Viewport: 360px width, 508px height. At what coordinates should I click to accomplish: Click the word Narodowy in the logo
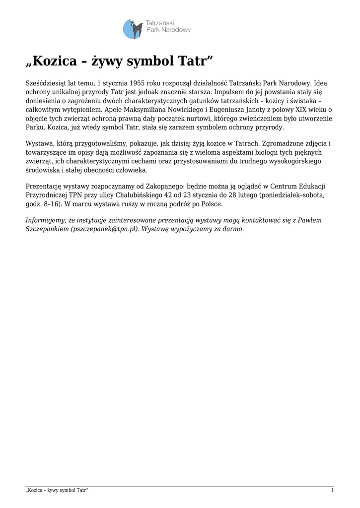tap(176, 30)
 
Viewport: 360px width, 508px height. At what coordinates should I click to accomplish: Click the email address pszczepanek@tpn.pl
tap(102, 229)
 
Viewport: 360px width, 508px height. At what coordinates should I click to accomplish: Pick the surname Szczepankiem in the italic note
tap(47, 229)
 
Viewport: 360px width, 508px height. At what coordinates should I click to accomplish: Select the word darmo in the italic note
tap(232, 229)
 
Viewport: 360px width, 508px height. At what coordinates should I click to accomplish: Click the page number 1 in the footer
tap(332, 491)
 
